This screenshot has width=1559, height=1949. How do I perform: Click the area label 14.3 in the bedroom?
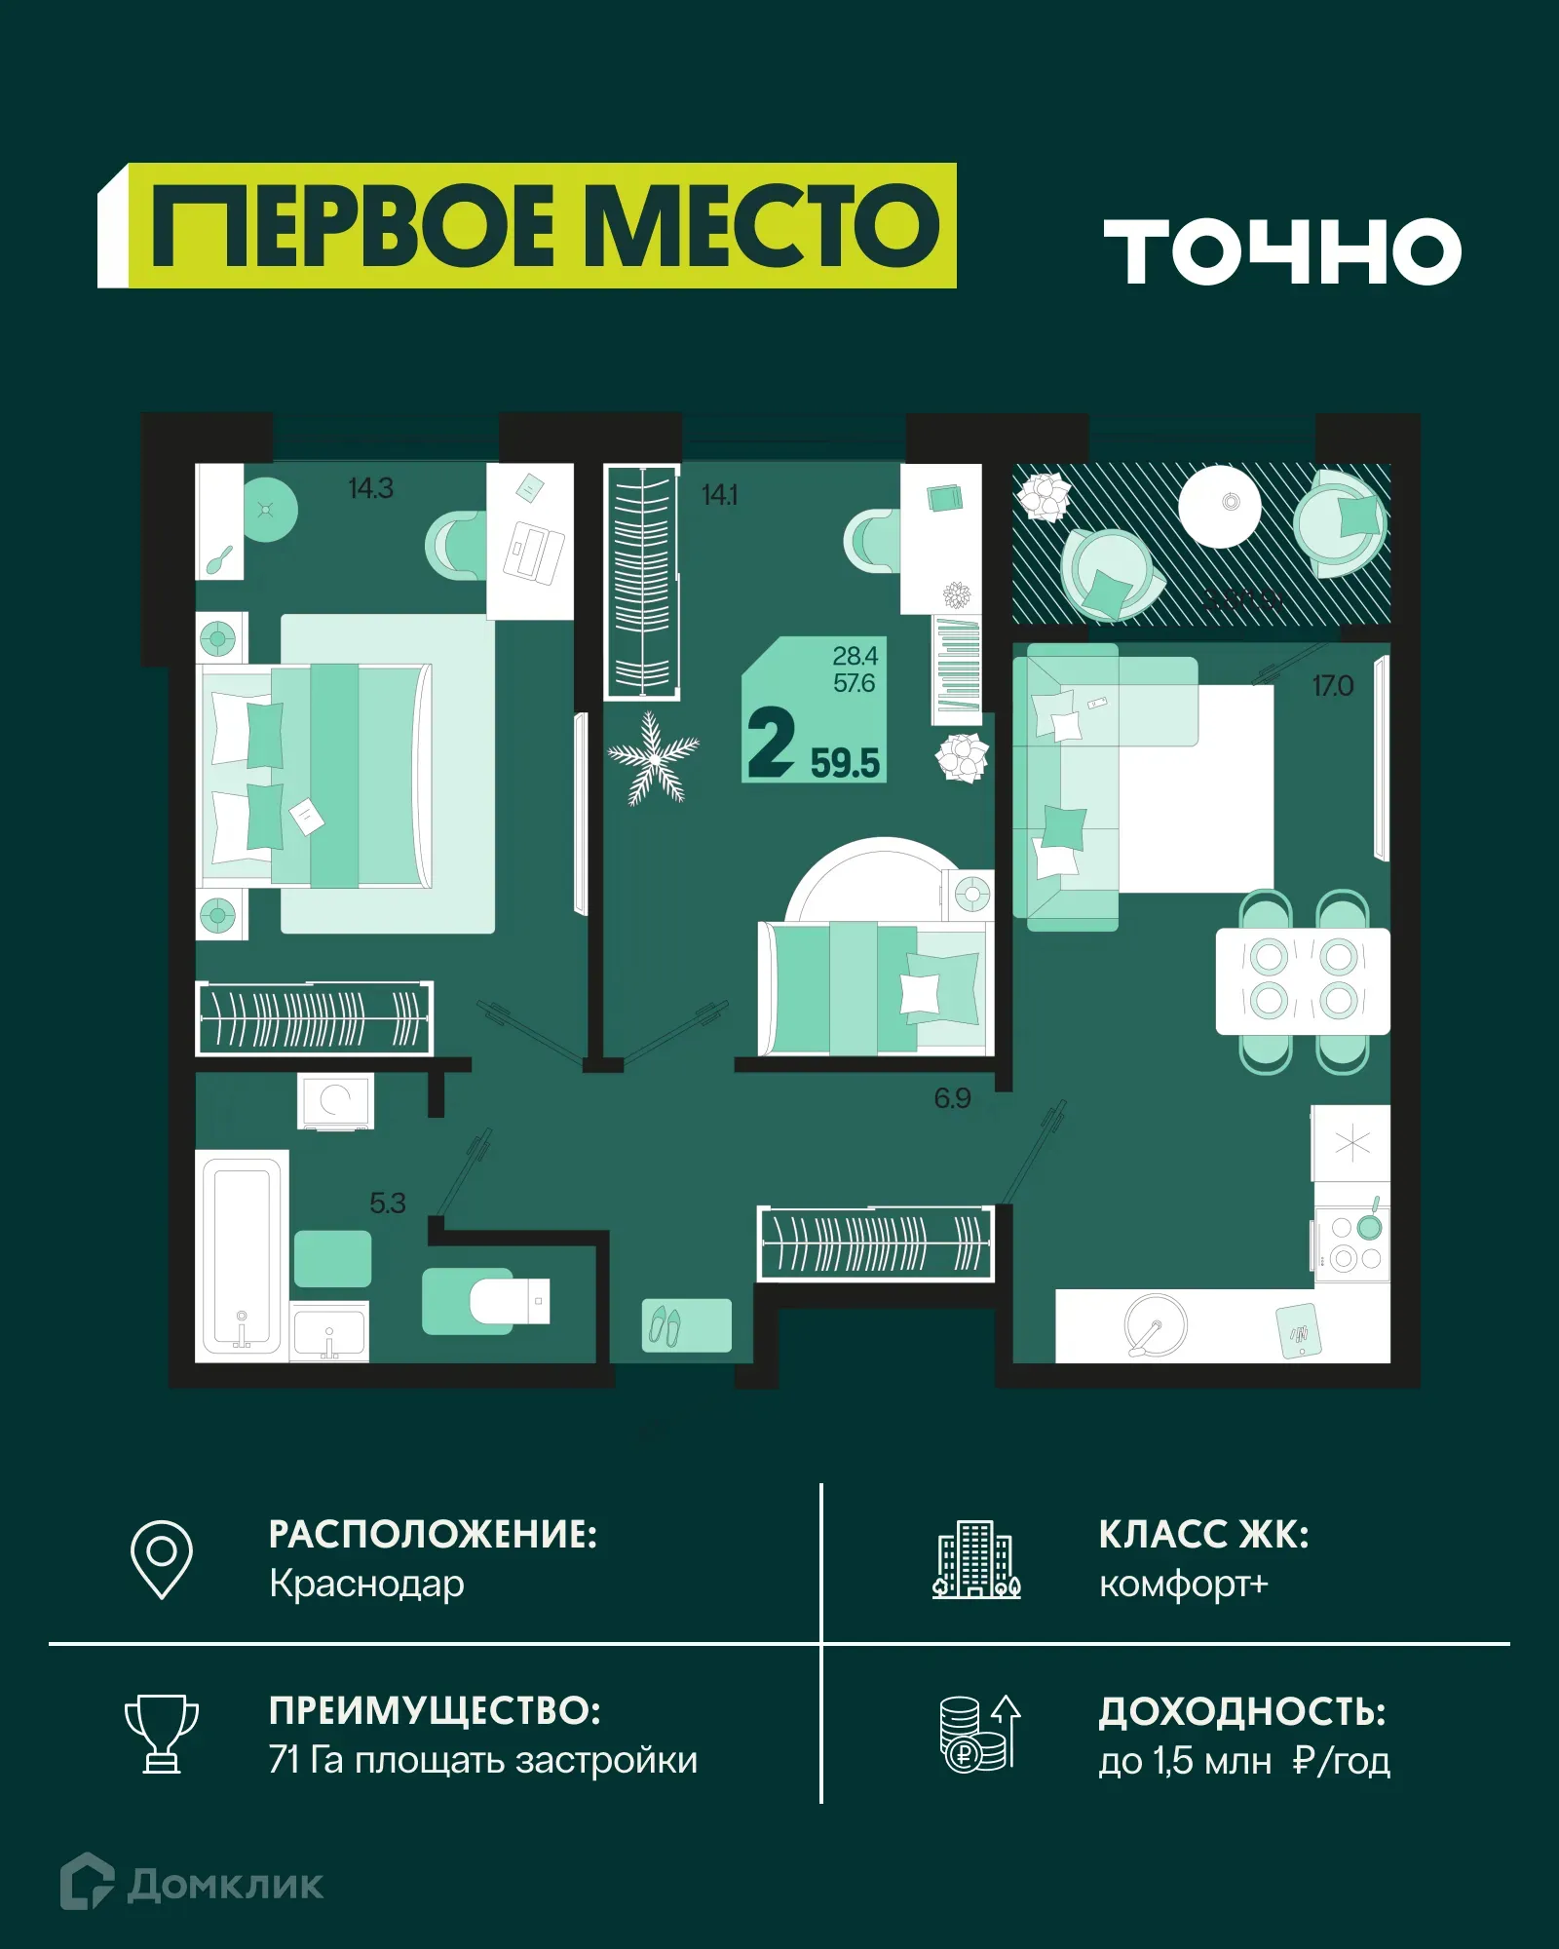click(x=370, y=488)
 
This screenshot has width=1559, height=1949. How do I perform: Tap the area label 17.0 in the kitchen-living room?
click(x=1332, y=686)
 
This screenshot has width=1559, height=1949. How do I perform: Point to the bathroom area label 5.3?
click(x=387, y=1204)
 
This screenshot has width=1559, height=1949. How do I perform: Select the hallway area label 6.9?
click(x=952, y=1098)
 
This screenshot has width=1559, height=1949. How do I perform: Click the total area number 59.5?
click(x=845, y=763)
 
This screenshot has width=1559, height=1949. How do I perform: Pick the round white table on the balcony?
click(x=1219, y=506)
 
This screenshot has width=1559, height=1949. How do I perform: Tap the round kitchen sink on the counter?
click(x=1156, y=1324)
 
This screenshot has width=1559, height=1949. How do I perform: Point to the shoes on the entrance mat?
click(x=665, y=1325)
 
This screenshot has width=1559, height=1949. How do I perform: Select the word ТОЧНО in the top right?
click(x=1282, y=251)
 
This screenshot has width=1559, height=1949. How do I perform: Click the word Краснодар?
click(x=366, y=1584)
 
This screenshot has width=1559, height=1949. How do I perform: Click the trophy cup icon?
click(x=162, y=1734)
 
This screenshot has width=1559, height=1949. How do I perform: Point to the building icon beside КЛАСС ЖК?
click(x=975, y=1558)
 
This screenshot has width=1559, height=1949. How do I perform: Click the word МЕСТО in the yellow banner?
click(x=761, y=226)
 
